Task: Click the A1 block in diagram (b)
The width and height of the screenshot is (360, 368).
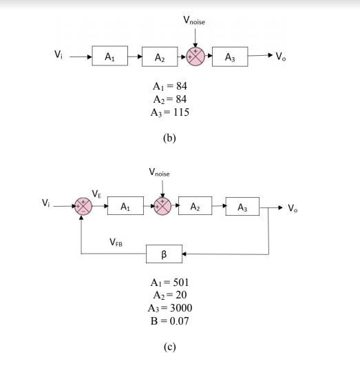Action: [109, 57]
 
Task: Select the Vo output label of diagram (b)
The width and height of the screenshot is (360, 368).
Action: [279, 56]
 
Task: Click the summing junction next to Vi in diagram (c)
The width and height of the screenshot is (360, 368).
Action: [83, 205]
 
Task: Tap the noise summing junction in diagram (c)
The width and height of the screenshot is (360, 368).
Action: [161, 205]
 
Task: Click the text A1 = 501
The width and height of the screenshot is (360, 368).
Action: [169, 282]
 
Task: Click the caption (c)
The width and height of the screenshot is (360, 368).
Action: [169, 345]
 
